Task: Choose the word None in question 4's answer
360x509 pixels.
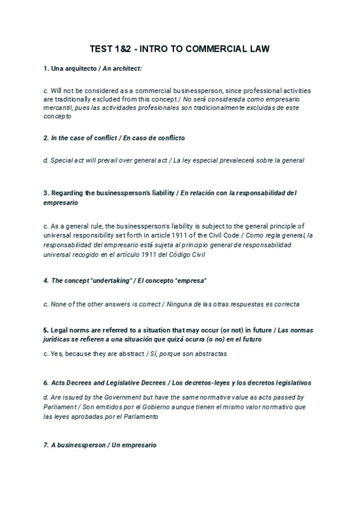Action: [59, 304]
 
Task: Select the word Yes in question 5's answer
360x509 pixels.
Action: [56, 354]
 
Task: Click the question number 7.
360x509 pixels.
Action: [46, 445]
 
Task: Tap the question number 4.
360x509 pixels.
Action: [46, 281]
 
